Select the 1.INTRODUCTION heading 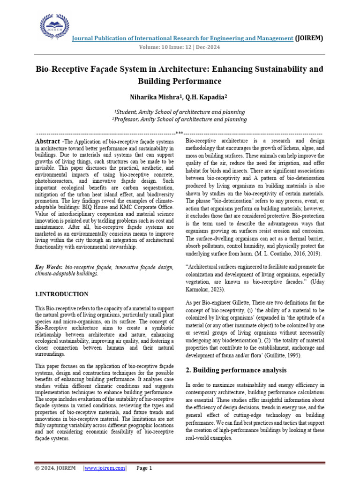(62, 294)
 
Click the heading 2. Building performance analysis (236, 370)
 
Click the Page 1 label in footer (144, 468)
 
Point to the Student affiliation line (180, 112)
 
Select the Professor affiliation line (180, 120)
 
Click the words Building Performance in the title (180, 82)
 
